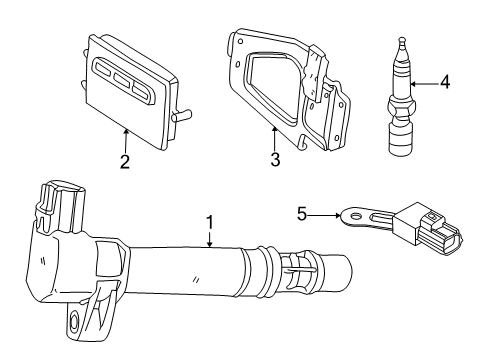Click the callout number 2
click(125, 160)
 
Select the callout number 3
click(275, 159)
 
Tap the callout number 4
click(444, 83)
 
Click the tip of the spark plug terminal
click(401, 43)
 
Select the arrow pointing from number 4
click(424, 84)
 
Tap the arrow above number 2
click(125, 138)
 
